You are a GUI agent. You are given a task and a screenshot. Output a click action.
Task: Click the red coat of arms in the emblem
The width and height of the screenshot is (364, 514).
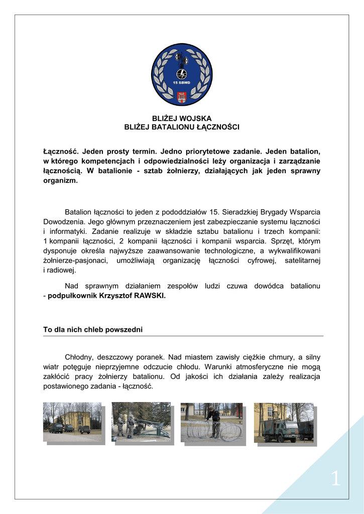click(182, 97)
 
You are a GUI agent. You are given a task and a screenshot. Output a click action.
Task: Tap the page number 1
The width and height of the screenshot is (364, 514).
click(335, 479)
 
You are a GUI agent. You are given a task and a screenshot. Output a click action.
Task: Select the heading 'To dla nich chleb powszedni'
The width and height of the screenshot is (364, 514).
click(93, 330)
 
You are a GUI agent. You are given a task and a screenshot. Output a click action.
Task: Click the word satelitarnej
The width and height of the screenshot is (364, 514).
click(302, 261)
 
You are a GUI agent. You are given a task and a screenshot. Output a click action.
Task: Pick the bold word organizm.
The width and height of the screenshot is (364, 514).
click(60, 180)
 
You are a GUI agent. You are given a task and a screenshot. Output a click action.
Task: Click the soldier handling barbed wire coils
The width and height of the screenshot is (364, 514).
click(215, 421)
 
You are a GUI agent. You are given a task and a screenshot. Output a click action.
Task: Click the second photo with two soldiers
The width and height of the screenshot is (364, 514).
click(141, 422)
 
